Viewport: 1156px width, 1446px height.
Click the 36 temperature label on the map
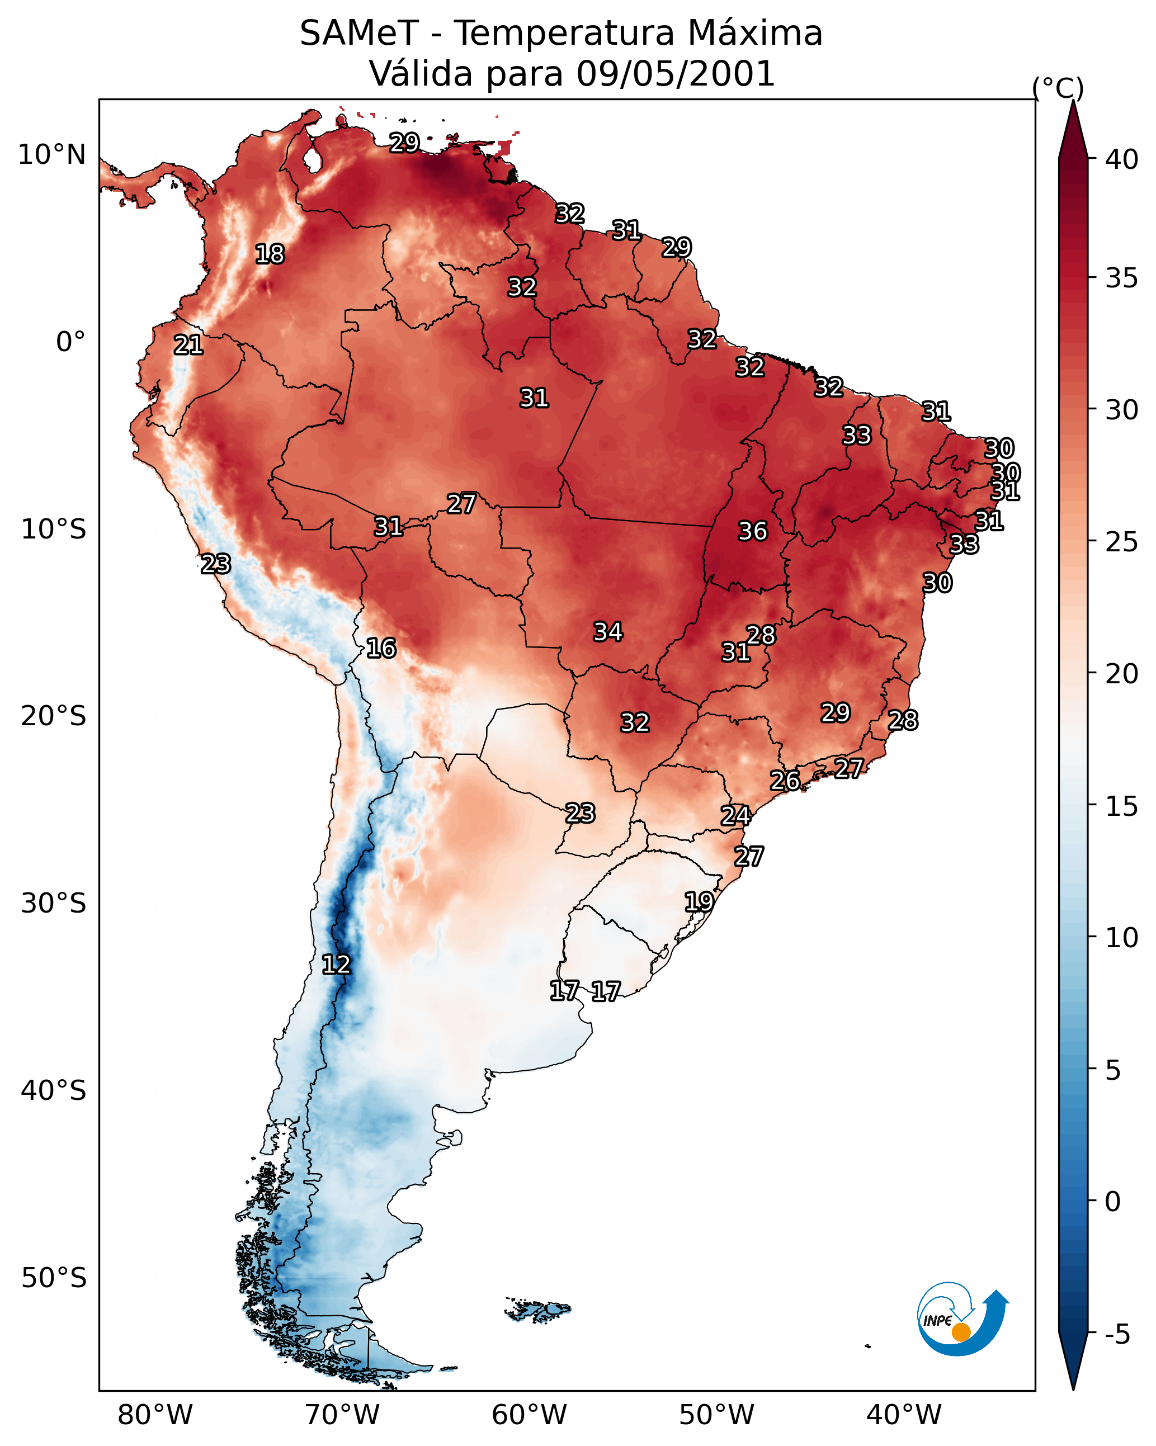click(752, 531)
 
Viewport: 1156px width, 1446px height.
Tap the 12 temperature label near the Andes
click(336, 965)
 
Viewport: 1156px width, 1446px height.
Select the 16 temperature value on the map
click(381, 648)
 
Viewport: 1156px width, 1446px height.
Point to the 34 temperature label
click(608, 631)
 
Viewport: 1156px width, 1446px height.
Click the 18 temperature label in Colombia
click(270, 254)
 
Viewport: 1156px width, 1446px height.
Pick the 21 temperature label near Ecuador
click(188, 345)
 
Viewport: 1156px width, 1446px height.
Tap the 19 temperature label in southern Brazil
click(699, 901)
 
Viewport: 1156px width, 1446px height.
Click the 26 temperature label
click(784, 780)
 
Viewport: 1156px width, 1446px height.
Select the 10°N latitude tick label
click(51, 155)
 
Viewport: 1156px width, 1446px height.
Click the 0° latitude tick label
click(70, 342)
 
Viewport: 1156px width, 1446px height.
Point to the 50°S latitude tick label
click(54, 1278)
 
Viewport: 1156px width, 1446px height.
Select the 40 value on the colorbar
click(1122, 159)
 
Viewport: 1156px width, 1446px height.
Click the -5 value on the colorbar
click(1117, 1335)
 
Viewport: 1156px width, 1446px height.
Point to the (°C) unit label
click(1058, 88)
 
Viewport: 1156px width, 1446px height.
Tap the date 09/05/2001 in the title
click(675, 73)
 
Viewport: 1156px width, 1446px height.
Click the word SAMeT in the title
click(359, 33)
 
